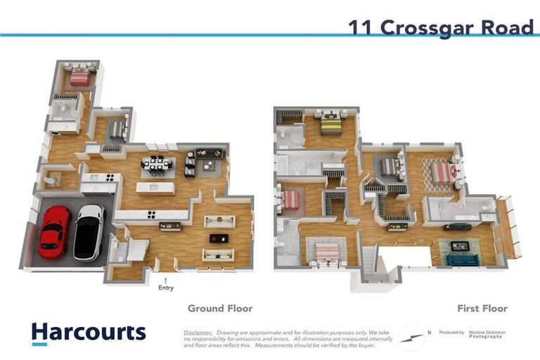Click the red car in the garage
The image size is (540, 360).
pos(54,231)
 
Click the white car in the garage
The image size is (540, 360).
pos(89,231)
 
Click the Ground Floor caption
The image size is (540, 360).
pos(219,308)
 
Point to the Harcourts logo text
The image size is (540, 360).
pos(89,332)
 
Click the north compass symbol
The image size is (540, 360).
pos(411,337)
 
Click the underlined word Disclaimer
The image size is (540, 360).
pos(198,332)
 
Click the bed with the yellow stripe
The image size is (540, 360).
pos(330,124)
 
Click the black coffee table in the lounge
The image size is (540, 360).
pos(219,238)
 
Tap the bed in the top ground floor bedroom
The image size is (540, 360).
pos(79,77)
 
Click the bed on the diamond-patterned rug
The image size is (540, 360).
pos(442,172)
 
